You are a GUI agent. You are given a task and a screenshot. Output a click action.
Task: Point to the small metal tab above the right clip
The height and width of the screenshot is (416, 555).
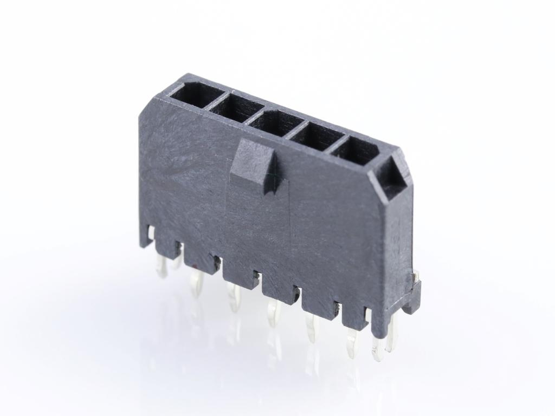(416, 277)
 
